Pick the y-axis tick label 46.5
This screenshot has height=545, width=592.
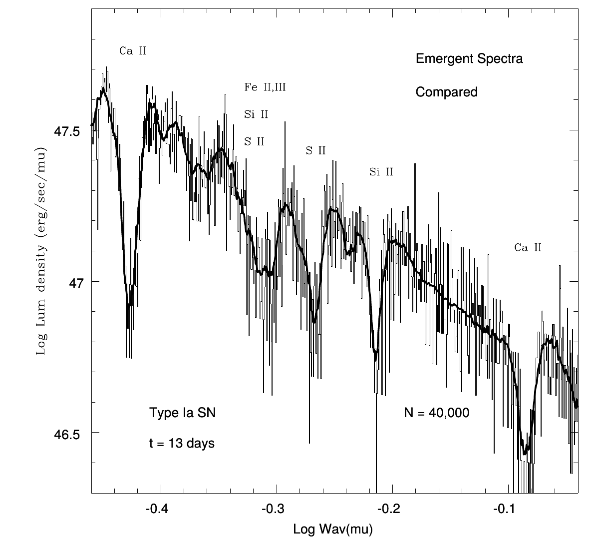(66, 434)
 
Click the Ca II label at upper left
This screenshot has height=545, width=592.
(133, 50)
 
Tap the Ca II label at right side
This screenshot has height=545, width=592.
(528, 247)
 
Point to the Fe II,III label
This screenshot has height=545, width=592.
(265, 87)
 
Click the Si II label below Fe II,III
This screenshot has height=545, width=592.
(256, 114)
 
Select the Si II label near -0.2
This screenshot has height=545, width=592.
(381, 172)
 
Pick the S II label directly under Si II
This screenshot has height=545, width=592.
(254, 141)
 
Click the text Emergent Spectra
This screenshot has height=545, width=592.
(469, 59)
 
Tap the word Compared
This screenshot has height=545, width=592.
(447, 92)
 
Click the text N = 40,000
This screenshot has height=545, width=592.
(436, 413)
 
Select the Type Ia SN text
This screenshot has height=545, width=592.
(183, 413)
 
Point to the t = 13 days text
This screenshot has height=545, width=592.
(182, 443)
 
